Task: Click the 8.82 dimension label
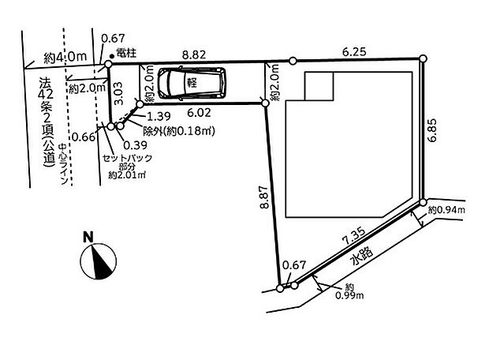(x=194, y=54)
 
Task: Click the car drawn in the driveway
(x=192, y=83)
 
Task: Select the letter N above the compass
(x=90, y=235)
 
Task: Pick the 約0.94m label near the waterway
(x=446, y=210)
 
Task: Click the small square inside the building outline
(x=319, y=88)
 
